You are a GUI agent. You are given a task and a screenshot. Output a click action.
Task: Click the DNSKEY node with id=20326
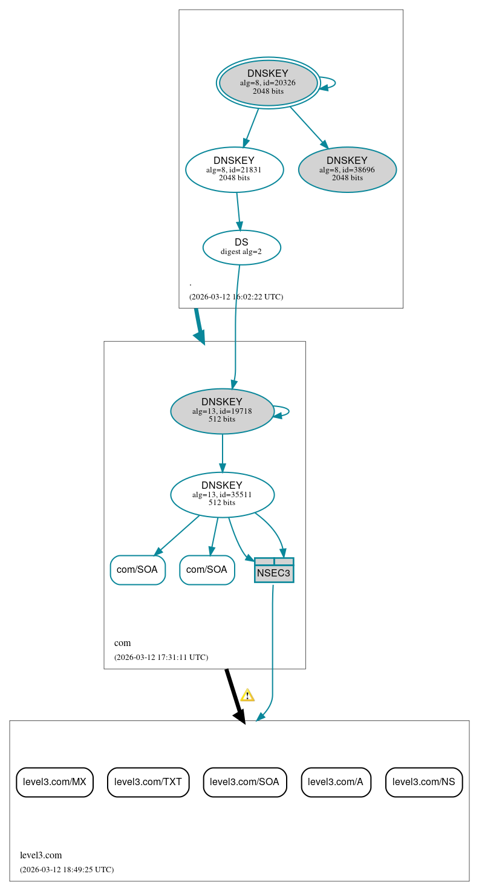(268, 83)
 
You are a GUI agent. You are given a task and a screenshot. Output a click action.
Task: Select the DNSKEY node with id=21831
(234, 169)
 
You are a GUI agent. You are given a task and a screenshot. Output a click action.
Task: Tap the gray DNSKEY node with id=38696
(347, 169)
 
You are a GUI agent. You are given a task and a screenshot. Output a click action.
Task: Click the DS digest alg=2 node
(241, 247)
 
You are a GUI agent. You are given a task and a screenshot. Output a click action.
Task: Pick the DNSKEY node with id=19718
(222, 411)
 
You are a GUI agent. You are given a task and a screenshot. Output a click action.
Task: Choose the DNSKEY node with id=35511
(222, 494)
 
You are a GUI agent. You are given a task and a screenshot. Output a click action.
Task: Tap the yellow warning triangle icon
(247, 695)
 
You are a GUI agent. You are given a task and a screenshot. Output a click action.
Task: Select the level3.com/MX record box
(54, 782)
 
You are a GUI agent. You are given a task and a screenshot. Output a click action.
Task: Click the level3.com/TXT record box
(148, 782)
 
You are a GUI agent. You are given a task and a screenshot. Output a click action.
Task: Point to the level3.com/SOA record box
(244, 782)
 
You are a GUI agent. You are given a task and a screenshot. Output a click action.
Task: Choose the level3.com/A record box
(336, 782)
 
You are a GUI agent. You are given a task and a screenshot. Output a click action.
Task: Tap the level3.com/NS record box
(423, 782)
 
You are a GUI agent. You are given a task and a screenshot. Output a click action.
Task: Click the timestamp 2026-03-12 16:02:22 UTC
(236, 297)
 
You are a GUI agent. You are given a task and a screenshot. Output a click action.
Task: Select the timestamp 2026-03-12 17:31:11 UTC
(161, 657)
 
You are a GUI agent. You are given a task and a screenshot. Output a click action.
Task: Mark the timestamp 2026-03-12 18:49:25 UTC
(67, 870)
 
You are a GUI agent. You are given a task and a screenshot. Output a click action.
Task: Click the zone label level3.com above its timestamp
(41, 855)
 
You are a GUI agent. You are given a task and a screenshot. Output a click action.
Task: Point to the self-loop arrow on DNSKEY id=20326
(330, 83)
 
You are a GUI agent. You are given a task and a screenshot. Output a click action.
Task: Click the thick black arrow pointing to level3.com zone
(234, 696)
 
